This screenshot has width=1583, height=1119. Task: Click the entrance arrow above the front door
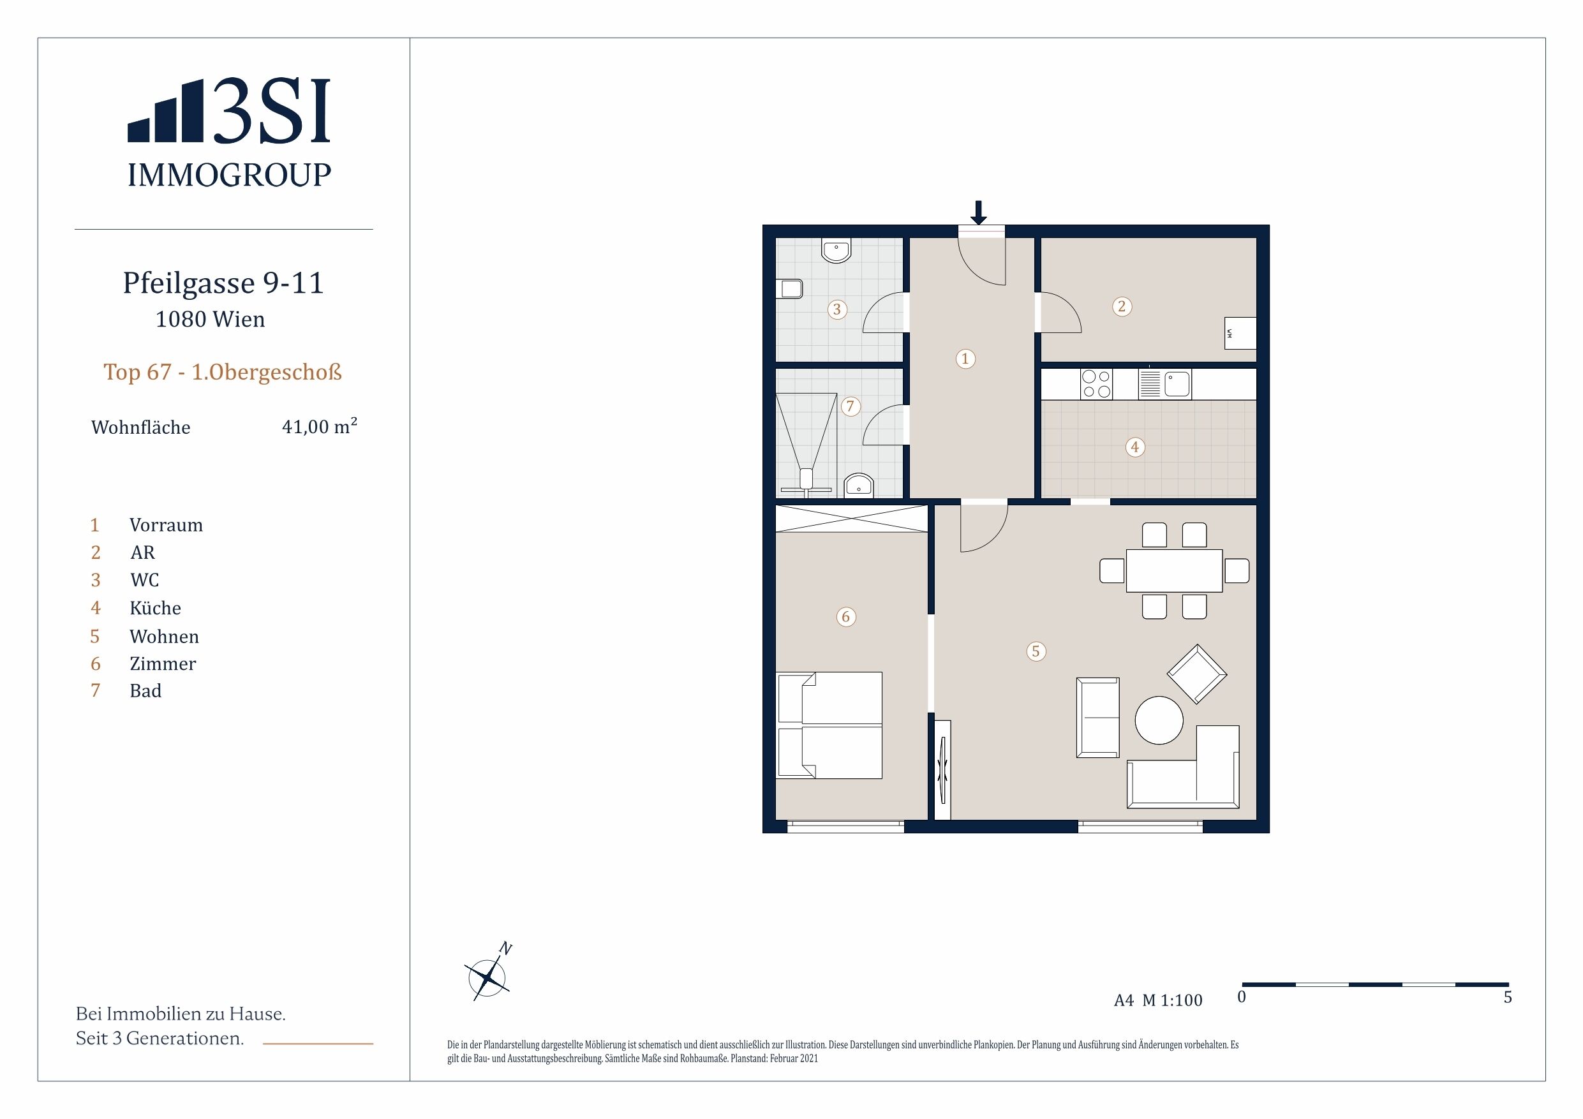click(x=978, y=212)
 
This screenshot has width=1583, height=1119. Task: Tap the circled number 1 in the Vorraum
click(x=965, y=359)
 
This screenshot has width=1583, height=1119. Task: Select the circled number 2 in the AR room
click(x=1122, y=306)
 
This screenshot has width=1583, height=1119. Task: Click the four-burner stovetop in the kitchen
click(x=1096, y=384)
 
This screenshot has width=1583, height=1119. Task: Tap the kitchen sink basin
click(x=1177, y=384)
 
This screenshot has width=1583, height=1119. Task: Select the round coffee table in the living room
click(x=1159, y=720)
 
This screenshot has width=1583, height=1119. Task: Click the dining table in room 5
click(x=1174, y=570)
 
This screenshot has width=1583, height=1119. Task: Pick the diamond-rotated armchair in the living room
click(x=1197, y=674)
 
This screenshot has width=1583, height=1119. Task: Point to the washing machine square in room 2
click(x=1240, y=333)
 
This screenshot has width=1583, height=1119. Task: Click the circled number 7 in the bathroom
click(x=850, y=406)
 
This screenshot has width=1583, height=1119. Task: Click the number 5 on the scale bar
click(x=1508, y=997)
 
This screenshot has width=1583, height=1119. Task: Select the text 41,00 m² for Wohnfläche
click(x=319, y=426)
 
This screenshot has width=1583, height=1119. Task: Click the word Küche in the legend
click(x=155, y=607)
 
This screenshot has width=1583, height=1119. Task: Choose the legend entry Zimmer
click(x=163, y=663)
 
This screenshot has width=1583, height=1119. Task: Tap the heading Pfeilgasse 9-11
click(x=223, y=283)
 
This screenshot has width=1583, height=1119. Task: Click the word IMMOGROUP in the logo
click(x=229, y=175)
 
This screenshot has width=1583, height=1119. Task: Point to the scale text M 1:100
click(x=1172, y=1000)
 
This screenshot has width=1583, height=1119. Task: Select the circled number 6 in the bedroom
click(x=846, y=616)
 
